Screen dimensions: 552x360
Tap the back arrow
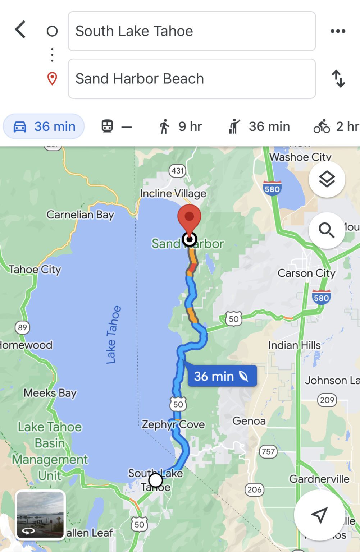pyautogui.click(x=20, y=29)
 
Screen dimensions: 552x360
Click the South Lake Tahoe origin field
pyautogui.click(x=192, y=31)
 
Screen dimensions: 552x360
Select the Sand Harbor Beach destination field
pyautogui.click(x=192, y=79)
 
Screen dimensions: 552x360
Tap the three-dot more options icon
pyautogui.click(x=338, y=31)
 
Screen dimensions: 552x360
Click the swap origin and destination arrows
pyautogui.click(x=338, y=79)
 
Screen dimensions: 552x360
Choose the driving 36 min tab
pyautogui.click(x=44, y=126)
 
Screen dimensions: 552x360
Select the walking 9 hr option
pyautogui.click(x=180, y=126)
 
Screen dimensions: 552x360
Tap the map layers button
pyautogui.click(x=327, y=179)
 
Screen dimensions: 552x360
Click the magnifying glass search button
pyautogui.click(x=327, y=230)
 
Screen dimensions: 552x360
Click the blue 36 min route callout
pyautogui.click(x=222, y=376)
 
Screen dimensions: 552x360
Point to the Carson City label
pyautogui.click(x=306, y=273)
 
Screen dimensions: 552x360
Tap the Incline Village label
pyautogui.click(x=173, y=194)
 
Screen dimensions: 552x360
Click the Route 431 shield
pyautogui.click(x=178, y=171)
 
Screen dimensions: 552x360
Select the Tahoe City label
pyautogui.click(x=35, y=270)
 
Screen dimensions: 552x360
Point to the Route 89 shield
pyautogui.click(x=22, y=327)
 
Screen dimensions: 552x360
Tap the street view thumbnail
pyautogui.click(x=40, y=515)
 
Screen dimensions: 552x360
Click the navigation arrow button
pyautogui.click(x=319, y=515)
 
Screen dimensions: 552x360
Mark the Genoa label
pyautogui.click(x=249, y=421)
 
